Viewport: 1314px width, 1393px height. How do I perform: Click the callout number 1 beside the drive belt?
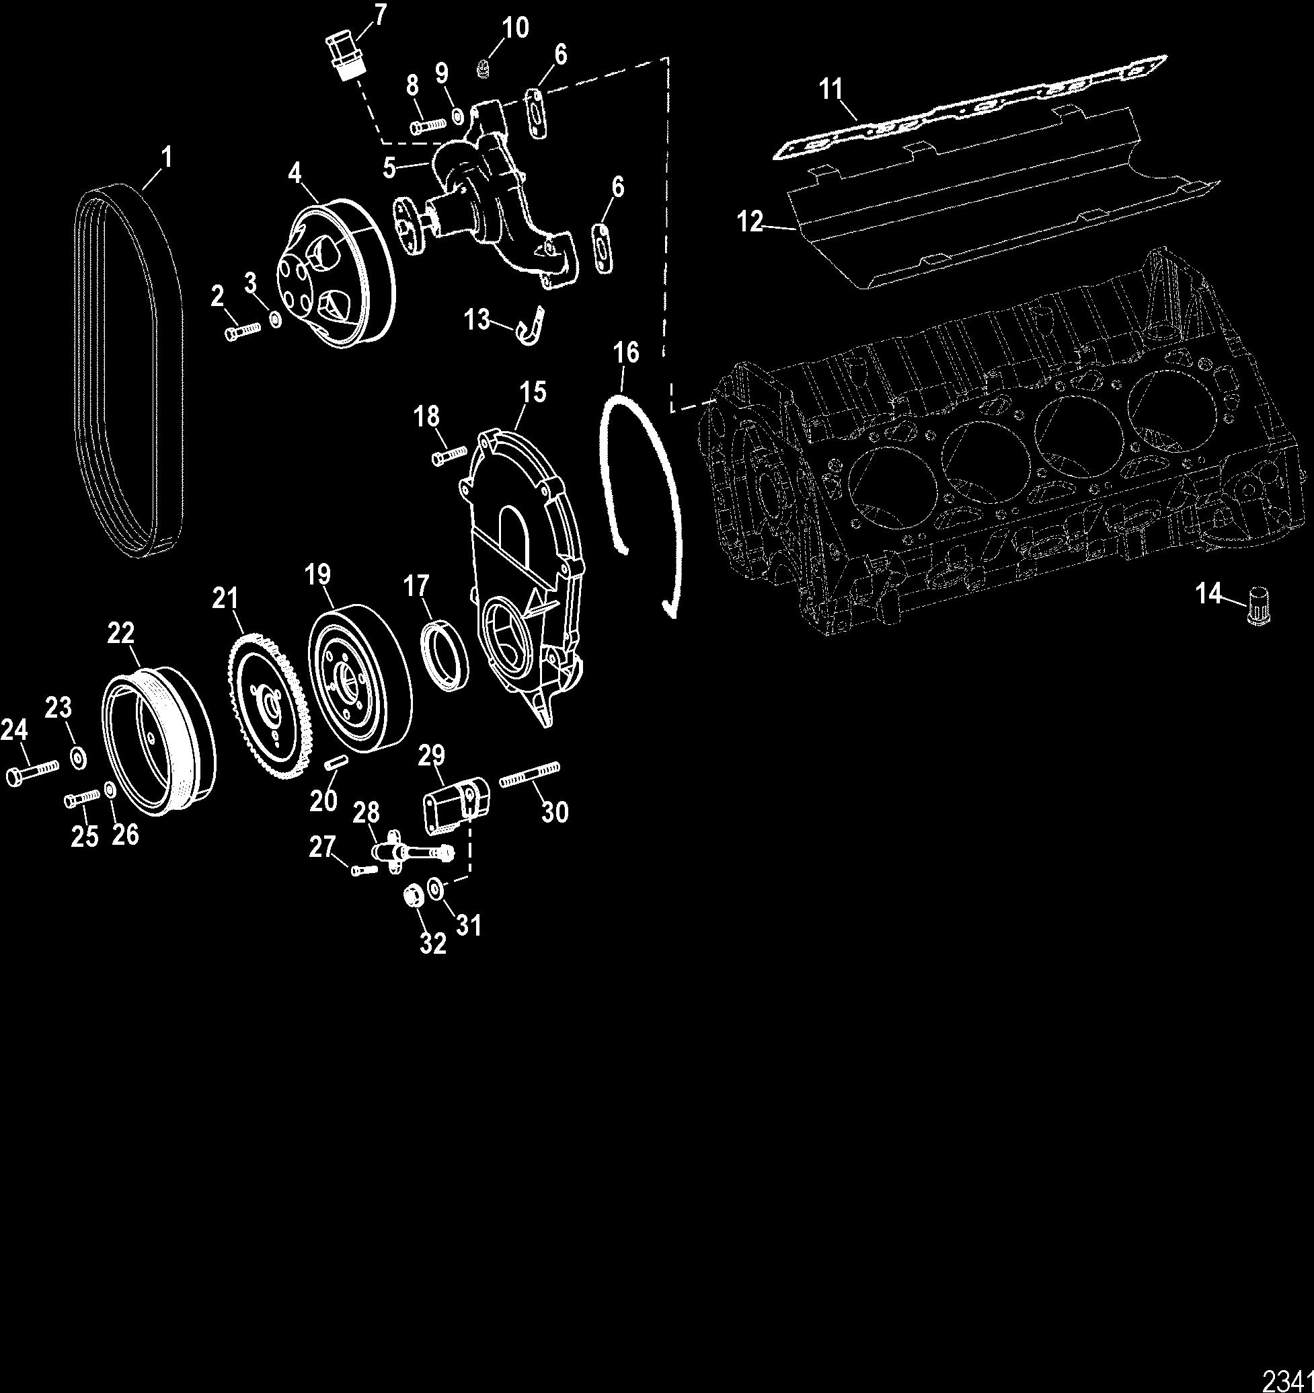(166, 157)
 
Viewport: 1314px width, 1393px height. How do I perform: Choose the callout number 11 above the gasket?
(831, 89)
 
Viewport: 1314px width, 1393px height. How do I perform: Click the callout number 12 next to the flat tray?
(749, 223)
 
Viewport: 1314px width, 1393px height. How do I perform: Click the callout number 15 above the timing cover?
(533, 393)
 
